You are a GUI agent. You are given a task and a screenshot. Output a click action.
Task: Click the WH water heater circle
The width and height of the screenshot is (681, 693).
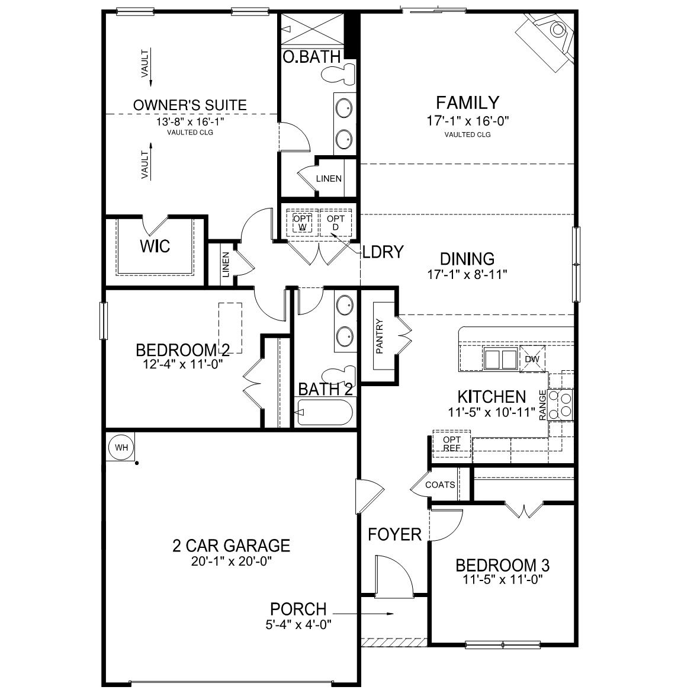click(x=121, y=447)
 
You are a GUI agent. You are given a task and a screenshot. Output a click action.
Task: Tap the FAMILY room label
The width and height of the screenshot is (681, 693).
click(x=467, y=103)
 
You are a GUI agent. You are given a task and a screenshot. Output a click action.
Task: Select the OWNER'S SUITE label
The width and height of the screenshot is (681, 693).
click(x=189, y=105)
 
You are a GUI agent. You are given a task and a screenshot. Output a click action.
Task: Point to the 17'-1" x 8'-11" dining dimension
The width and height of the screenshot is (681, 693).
click(x=467, y=275)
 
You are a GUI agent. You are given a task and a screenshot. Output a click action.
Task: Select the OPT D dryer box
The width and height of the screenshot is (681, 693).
click(x=336, y=223)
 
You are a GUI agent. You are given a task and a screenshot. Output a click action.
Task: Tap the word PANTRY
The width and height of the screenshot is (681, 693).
click(x=380, y=336)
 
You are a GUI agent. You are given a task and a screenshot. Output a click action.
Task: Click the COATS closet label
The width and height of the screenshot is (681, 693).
click(x=440, y=485)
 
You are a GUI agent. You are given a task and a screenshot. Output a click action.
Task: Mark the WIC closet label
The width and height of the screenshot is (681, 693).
click(x=155, y=246)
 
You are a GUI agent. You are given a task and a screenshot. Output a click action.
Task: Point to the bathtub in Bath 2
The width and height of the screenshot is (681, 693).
click(x=324, y=413)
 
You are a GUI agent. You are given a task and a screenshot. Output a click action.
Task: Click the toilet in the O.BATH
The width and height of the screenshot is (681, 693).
click(x=338, y=74)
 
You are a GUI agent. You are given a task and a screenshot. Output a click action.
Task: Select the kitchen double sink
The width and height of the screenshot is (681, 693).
click(x=500, y=359)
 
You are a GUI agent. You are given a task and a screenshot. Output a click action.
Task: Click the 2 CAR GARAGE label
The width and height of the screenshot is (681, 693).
click(x=231, y=545)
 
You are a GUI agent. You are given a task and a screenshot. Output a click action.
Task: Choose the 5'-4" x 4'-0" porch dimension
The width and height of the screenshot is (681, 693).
click(x=298, y=624)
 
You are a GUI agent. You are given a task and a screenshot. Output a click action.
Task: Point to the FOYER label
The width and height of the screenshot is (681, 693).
click(x=394, y=535)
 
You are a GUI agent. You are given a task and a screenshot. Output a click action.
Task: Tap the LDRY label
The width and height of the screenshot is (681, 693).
click(x=383, y=252)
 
